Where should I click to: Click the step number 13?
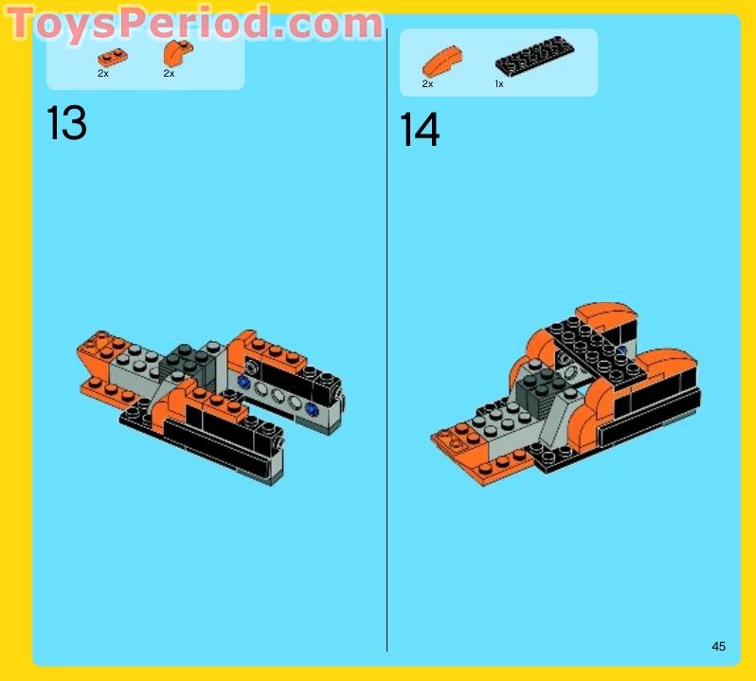click(66, 124)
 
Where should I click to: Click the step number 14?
click(420, 130)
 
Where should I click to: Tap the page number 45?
click(718, 646)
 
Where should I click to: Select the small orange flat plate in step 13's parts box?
click(110, 57)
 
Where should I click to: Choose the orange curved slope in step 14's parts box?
click(441, 62)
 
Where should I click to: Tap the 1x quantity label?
click(499, 84)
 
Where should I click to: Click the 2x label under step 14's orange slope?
click(427, 84)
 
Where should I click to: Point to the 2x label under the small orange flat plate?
click(103, 73)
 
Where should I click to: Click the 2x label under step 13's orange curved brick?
click(169, 73)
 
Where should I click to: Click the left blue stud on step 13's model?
click(244, 382)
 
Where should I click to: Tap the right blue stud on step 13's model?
click(310, 410)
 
